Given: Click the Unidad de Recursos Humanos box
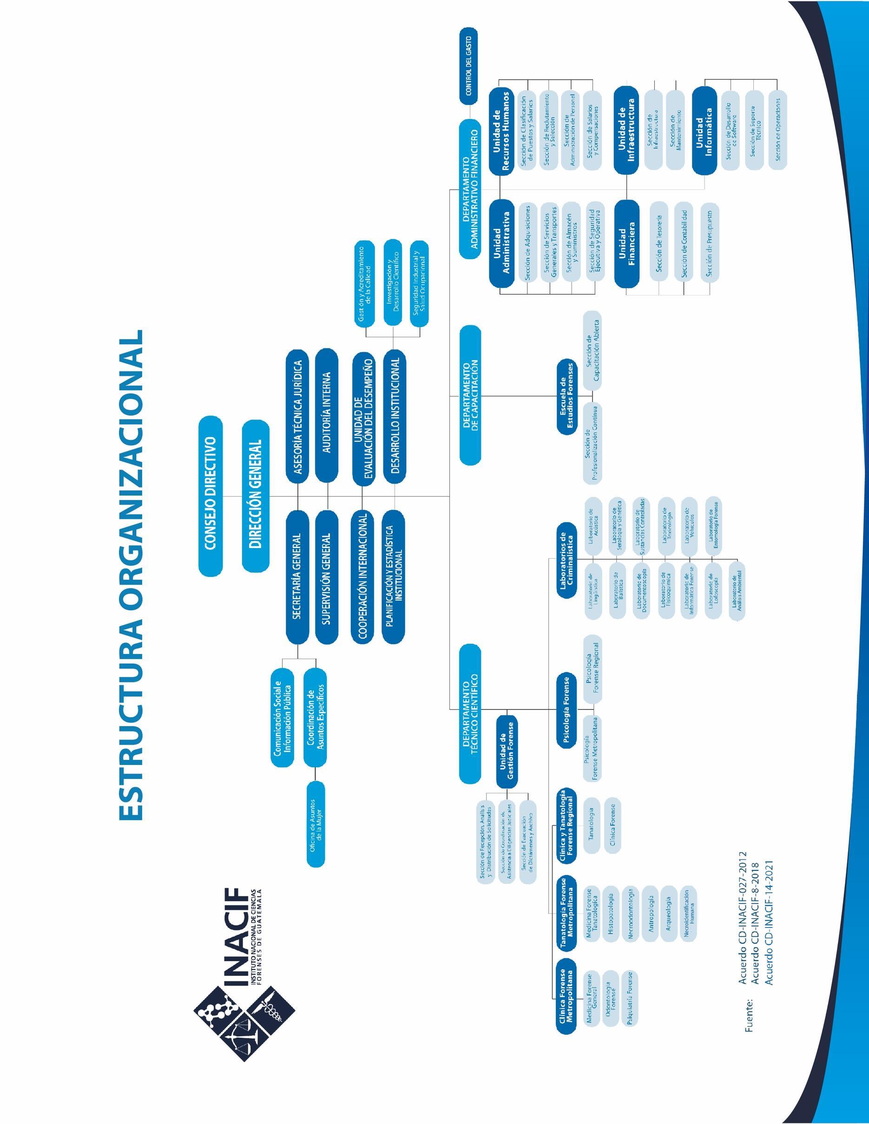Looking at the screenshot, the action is pyautogui.click(x=502, y=131).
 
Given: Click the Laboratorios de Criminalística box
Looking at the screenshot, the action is pyautogui.click(x=567, y=560).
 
